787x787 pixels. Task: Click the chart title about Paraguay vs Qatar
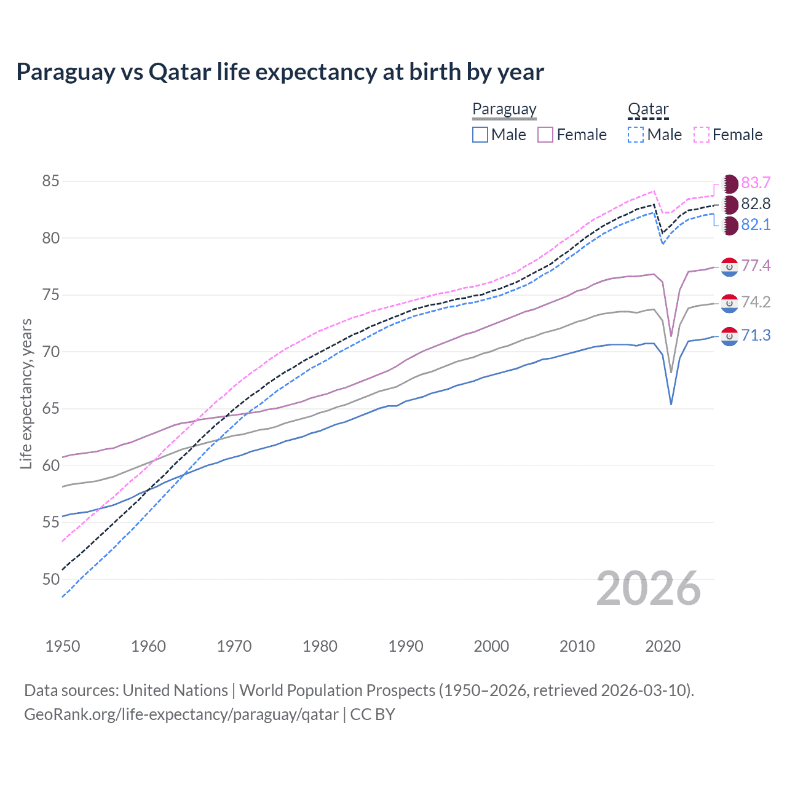tap(280, 72)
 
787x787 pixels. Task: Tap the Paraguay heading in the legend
tap(504, 109)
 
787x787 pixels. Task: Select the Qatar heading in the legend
tap(648, 109)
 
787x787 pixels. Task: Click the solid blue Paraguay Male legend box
tap(480, 135)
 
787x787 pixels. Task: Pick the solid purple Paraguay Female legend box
tap(545, 135)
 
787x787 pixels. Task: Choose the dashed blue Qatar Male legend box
tap(636, 135)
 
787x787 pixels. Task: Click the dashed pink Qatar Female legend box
tap(702, 135)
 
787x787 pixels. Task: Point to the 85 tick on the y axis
tap(51, 181)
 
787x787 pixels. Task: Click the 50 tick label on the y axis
tap(51, 579)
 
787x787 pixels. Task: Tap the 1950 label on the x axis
tap(63, 646)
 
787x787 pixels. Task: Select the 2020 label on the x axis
tap(663, 646)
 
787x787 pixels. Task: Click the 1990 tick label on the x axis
tap(406, 646)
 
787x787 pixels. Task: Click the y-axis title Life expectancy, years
tap(26, 393)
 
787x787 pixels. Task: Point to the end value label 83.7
tap(756, 183)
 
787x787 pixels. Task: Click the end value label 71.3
tap(756, 336)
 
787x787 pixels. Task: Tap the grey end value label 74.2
tap(756, 302)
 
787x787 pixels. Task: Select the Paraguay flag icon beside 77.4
tap(729, 266)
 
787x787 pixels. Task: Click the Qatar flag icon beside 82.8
tap(730, 204)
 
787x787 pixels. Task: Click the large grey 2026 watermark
tap(649, 588)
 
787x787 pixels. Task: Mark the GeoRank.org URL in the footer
tap(181, 714)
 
